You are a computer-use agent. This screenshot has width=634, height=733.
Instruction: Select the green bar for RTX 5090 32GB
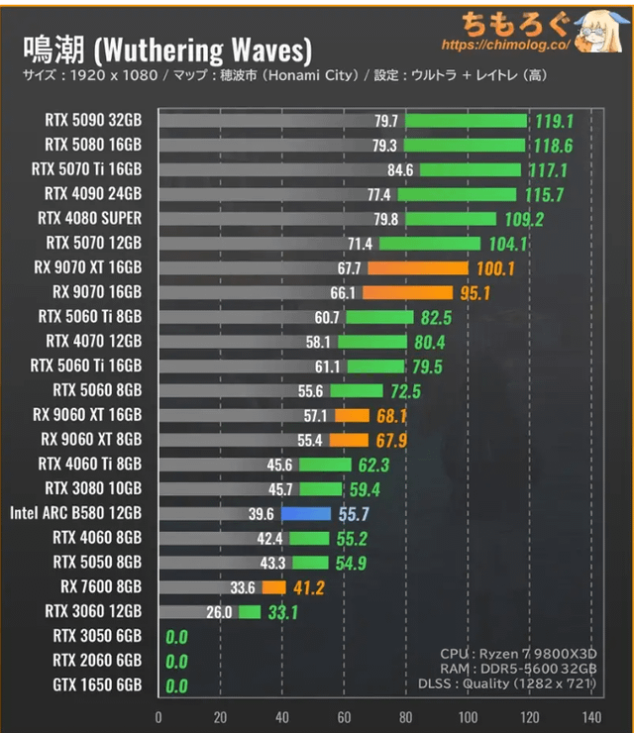pyautogui.click(x=466, y=121)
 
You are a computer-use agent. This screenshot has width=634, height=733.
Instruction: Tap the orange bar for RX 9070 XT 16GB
pyautogui.click(x=417, y=267)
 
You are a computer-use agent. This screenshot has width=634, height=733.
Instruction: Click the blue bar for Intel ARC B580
pyautogui.click(x=305, y=513)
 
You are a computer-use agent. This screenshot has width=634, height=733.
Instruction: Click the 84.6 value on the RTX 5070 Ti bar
pyautogui.click(x=400, y=169)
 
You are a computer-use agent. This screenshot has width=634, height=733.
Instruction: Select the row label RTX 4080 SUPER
pyautogui.click(x=89, y=218)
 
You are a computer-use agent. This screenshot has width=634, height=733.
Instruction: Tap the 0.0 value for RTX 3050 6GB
pyautogui.click(x=176, y=636)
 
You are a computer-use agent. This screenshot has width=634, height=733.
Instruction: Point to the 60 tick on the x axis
pyautogui.click(x=344, y=717)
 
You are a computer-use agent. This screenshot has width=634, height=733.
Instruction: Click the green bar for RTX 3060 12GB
pyautogui.click(x=249, y=611)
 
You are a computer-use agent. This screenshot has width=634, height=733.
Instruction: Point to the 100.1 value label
pyautogui.click(x=496, y=267)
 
